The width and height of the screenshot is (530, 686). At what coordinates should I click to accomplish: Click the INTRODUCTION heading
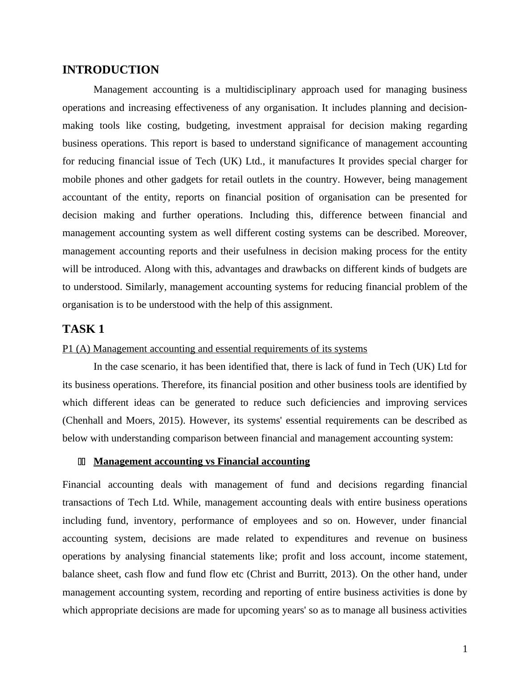point(110,70)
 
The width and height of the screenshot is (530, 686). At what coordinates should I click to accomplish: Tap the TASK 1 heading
point(83,329)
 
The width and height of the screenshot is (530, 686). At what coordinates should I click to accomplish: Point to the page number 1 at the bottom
point(465,649)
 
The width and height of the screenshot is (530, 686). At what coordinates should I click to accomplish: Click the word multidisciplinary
point(260,90)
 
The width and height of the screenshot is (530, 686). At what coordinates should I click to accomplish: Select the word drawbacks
point(333,269)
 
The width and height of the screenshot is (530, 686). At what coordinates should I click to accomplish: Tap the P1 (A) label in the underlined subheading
point(76,349)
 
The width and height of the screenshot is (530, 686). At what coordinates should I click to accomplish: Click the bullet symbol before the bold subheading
point(82,461)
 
